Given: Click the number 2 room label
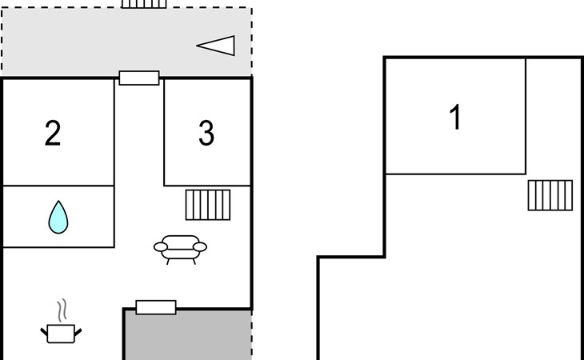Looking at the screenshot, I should [x=53, y=134].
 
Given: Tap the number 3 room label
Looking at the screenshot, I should [x=206, y=134].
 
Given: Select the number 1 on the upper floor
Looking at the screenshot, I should [x=455, y=118].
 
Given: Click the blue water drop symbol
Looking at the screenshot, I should [x=58, y=217].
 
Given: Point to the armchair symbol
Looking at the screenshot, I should [x=180, y=247].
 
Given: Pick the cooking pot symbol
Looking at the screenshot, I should [x=61, y=333].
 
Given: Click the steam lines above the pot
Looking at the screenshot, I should [x=62, y=310].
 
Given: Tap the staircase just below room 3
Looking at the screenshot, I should [x=208, y=205].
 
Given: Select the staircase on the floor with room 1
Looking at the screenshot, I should [x=550, y=195].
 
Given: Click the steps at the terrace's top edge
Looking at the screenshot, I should [x=144, y=3].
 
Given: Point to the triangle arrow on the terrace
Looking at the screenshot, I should [x=217, y=46].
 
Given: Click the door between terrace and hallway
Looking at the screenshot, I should [x=139, y=78].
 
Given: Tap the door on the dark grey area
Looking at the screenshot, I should [x=155, y=307].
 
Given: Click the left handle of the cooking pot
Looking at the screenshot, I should [x=44, y=329].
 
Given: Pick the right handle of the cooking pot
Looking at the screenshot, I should [x=78, y=329].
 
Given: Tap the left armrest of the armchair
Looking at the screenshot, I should [x=159, y=246].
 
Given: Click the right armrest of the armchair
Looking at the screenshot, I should [x=201, y=246].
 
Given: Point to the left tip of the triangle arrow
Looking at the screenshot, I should [x=198, y=46].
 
